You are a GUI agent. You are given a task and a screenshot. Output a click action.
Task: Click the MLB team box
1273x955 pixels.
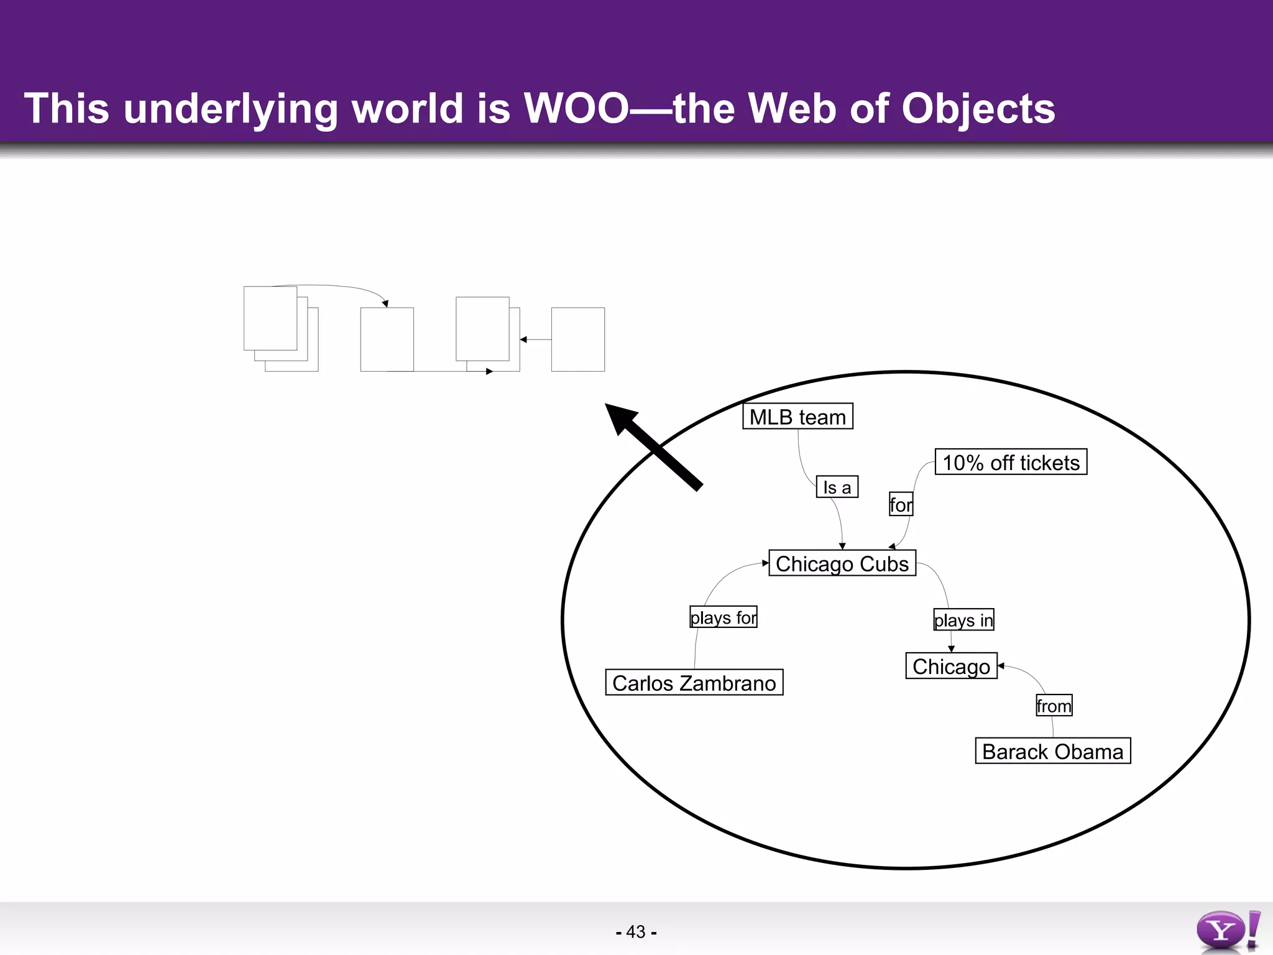(797, 417)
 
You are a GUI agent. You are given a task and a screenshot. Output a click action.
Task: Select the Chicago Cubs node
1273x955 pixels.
(842, 563)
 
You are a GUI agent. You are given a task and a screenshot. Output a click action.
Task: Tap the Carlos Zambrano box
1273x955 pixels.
(694, 683)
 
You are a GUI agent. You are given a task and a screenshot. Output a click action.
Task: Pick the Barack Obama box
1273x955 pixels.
(1052, 751)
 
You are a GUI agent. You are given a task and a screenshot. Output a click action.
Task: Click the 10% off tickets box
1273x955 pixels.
(1011, 463)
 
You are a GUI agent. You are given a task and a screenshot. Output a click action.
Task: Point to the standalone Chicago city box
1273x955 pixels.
(951, 666)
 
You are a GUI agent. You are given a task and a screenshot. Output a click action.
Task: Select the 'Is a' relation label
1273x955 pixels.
(837, 487)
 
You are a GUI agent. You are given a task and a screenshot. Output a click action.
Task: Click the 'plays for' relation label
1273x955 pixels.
(724, 617)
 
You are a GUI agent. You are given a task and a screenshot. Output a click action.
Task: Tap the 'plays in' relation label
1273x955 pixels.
(963, 620)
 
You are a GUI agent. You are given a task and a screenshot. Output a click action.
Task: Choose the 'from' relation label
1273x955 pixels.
(1054, 706)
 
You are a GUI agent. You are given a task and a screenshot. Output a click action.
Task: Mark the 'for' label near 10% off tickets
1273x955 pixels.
(901, 504)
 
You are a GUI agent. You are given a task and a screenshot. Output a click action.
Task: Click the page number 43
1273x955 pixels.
(636, 932)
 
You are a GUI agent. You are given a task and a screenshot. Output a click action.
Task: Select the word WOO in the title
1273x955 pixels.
(576, 109)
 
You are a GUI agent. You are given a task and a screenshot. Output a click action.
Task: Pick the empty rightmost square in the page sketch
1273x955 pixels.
(577, 339)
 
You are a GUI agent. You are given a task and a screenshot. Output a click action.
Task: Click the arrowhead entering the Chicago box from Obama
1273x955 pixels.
(1001, 666)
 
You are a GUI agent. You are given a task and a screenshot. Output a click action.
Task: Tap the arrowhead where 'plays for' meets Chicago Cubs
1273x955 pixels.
(766, 563)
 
